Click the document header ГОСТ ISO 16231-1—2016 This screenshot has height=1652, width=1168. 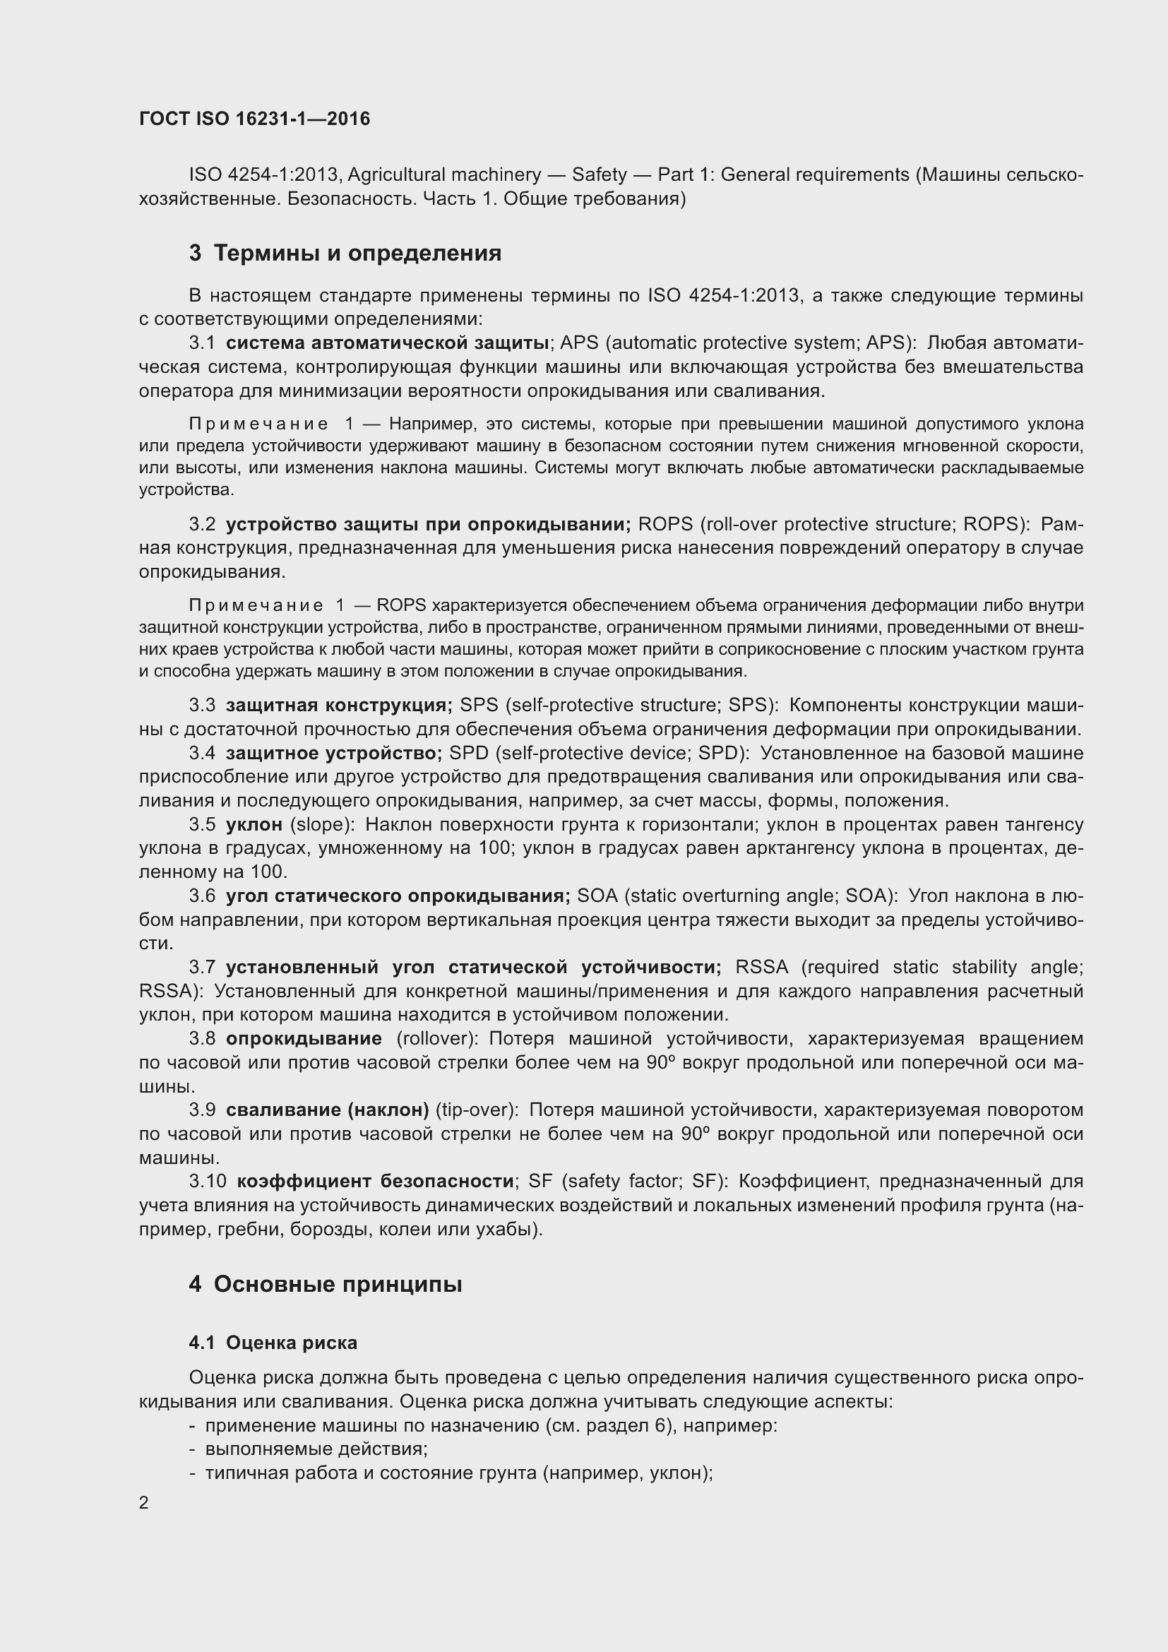pos(255,119)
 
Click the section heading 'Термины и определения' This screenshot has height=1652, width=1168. pos(357,254)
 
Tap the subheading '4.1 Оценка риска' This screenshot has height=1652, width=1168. pos(273,1343)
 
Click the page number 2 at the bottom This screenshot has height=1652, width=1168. pos(144,1502)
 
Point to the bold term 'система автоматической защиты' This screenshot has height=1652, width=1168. pos(388,343)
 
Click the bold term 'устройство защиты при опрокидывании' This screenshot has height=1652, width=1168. pos(428,524)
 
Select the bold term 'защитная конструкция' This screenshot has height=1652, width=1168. pos(339,704)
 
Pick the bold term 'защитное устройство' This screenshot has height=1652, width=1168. pos(333,753)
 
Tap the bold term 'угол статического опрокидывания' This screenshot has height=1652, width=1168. pos(398,896)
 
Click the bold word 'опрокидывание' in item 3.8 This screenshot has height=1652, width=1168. pos(304,1039)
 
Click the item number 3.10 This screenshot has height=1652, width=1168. pos(208,1182)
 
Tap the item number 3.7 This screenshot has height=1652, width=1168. pos(202,967)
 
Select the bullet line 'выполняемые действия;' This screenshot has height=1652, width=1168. pos(316,1449)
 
